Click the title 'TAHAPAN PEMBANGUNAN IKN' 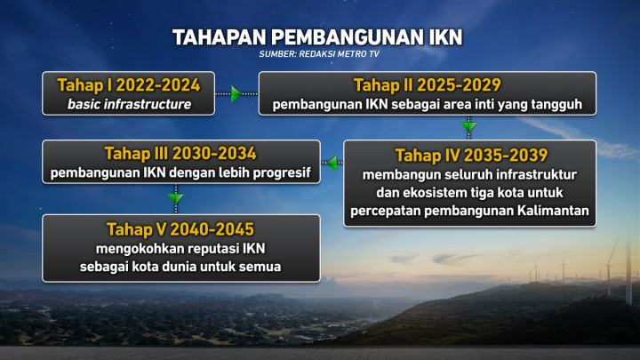coord(317,38)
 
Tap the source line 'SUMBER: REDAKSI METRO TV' coord(317,56)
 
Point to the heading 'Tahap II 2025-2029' coord(427,85)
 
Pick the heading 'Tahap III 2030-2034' coord(180,152)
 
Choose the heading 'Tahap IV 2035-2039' coord(470,155)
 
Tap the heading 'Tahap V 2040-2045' coord(180,228)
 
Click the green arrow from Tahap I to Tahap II coord(236,93)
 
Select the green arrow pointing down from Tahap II coord(469,126)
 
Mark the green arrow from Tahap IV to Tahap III coord(331,164)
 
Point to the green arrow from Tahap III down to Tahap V coord(175,197)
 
